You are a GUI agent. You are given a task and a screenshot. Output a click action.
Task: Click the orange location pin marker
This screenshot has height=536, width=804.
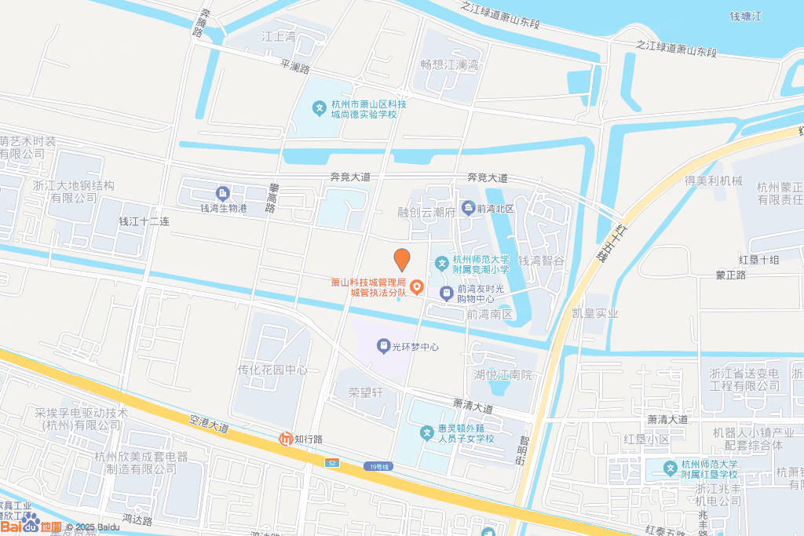pyautogui.click(x=402, y=260)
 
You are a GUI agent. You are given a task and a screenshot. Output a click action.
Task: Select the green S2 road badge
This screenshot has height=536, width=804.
pyautogui.click(x=333, y=463)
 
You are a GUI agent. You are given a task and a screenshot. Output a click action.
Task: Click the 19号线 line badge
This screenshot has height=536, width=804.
pyautogui.click(x=378, y=467)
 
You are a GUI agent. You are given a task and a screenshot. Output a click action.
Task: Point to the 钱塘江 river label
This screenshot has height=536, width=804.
pyautogui.click(x=746, y=16)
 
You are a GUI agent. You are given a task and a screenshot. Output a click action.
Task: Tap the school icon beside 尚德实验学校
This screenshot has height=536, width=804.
pyautogui.click(x=320, y=108)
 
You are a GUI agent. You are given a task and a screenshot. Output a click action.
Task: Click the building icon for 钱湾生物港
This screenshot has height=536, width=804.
pyautogui.click(x=222, y=193)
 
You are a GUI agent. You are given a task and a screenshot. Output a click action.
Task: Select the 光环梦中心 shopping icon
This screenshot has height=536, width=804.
pyautogui.click(x=382, y=345)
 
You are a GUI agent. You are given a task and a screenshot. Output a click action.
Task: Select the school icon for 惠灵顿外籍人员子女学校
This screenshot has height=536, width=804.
pyautogui.click(x=426, y=432)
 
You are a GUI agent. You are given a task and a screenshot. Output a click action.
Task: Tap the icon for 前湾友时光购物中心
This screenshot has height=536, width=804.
pyautogui.click(x=446, y=293)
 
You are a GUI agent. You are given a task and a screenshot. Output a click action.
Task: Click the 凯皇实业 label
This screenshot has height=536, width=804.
pyautogui.click(x=595, y=313)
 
